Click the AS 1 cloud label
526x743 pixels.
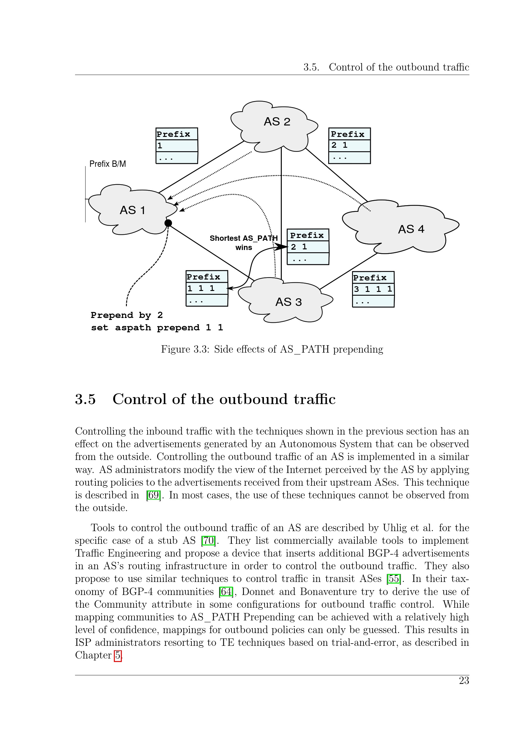tap(133, 210)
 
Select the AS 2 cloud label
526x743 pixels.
tap(277, 122)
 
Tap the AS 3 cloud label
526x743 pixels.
tap(288, 302)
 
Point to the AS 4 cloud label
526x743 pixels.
tap(411, 229)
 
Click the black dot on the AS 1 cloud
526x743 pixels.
tap(168, 223)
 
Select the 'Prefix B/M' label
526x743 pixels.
tap(107, 164)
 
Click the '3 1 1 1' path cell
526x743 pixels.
tap(373, 289)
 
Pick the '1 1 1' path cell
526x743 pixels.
tap(207, 288)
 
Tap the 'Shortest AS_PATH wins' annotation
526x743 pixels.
tap(244, 243)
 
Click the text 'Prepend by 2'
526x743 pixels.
tap(127, 315)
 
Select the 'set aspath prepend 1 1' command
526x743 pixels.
tap(157, 328)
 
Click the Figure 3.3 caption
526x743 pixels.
tap(272, 349)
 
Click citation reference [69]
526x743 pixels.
tap(154, 495)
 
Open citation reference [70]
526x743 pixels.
tap(208, 540)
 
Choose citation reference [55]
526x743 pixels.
tap(394, 578)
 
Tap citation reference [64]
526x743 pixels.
tap(226, 591)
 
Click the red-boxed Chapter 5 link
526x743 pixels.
tap(118, 655)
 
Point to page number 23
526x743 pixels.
tap(464, 680)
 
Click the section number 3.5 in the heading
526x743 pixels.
tap(86, 399)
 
